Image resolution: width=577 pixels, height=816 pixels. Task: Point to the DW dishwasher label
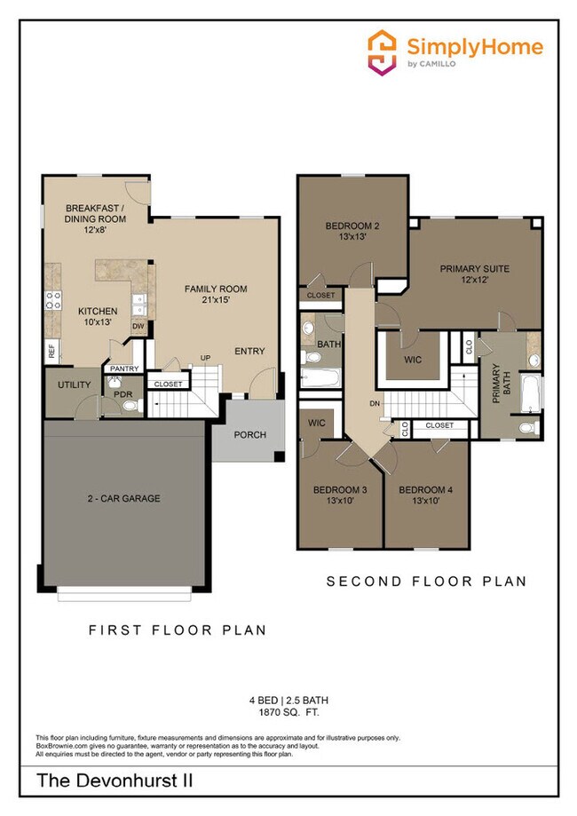[138, 327]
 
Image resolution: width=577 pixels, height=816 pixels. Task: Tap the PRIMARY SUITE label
[475, 267]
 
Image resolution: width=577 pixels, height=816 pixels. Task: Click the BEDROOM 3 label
[340, 489]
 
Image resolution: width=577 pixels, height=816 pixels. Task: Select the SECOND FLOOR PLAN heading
[426, 582]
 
